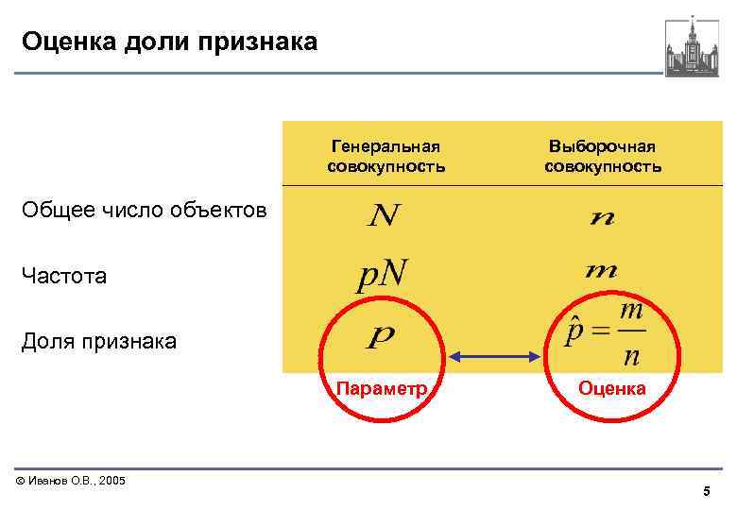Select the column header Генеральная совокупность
pyautogui.click(x=386, y=157)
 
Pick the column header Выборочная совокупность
pyautogui.click(x=602, y=157)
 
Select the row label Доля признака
pyautogui.click(x=98, y=341)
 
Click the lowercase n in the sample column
pyautogui.click(x=601, y=218)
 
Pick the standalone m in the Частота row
pyautogui.click(x=601, y=271)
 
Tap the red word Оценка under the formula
pyautogui.click(x=612, y=388)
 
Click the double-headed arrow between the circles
pyautogui.click(x=497, y=356)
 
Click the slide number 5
pyautogui.click(x=706, y=492)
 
